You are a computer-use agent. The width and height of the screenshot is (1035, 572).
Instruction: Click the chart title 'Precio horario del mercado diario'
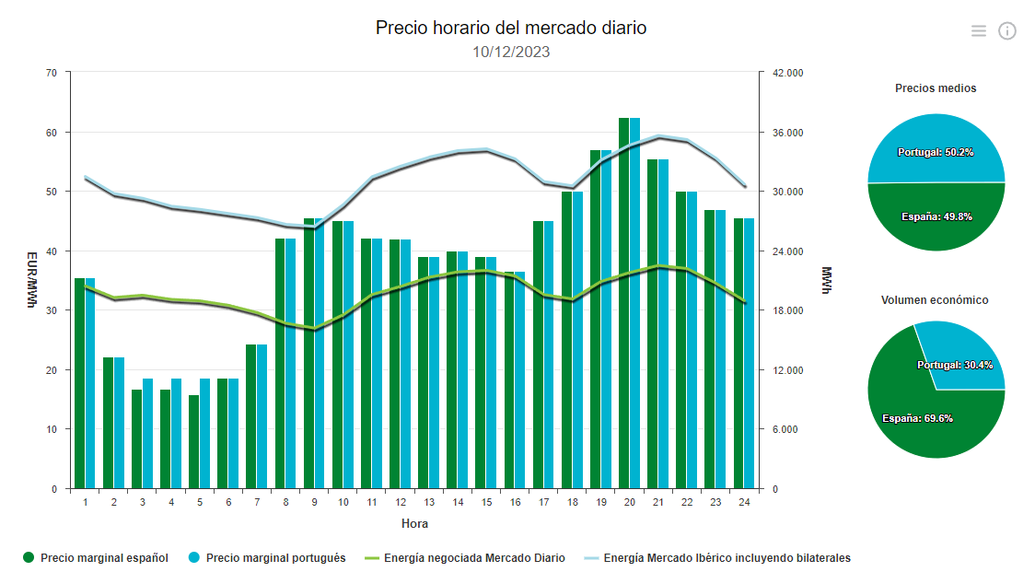point(511,29)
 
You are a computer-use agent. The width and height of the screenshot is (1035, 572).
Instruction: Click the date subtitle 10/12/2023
point(511,53)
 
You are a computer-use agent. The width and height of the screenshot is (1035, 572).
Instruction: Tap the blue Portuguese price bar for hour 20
point(634,304)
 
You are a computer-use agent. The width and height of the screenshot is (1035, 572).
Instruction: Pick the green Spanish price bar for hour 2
point(108,423)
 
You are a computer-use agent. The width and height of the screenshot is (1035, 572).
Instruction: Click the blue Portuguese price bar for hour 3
point(147,434)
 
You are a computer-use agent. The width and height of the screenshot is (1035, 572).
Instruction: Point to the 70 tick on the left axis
point(52,73)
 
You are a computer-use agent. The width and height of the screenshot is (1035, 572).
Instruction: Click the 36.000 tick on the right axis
point(786,133)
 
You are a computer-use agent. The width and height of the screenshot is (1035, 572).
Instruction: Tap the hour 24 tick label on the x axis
point(743,503)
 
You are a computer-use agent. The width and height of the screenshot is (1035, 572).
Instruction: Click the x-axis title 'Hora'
point(414,524)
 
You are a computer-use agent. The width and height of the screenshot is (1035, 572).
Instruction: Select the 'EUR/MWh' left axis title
point(31,281)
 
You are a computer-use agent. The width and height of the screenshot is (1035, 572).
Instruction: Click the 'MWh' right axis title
point(826,281)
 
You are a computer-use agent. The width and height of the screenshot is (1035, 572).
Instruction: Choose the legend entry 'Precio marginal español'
point(104,558)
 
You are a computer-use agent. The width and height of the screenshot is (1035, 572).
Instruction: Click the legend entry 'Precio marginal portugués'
point(275,558)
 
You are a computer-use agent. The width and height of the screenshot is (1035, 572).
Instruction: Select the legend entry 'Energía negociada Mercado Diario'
point(474,558)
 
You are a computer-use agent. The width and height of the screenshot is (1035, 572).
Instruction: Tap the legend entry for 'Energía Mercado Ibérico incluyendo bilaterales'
point(727,558)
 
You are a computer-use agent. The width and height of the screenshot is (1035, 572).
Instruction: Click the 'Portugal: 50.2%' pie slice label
point(936,152)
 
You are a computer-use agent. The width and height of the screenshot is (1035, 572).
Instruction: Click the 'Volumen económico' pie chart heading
point(935,300)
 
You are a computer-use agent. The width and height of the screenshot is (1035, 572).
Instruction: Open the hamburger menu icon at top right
point(978,31)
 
